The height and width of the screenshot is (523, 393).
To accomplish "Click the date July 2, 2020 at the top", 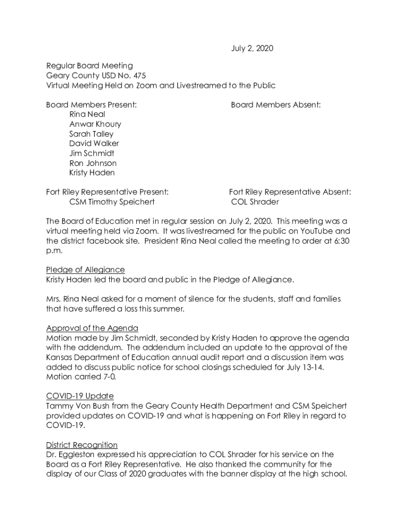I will [250, 49].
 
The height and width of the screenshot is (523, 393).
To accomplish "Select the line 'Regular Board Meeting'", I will [89, 66].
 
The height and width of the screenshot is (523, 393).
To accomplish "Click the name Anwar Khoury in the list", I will [95, 124].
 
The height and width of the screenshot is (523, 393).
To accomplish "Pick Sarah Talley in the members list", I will [91, 134].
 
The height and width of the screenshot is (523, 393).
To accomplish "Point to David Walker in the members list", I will [94, 144].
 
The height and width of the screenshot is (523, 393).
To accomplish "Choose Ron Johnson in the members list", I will [93, 163].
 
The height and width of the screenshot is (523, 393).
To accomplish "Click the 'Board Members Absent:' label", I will [276, 105].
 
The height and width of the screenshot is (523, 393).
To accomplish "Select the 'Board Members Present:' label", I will [91, 105].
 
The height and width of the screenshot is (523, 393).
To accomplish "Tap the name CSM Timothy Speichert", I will [112, 202].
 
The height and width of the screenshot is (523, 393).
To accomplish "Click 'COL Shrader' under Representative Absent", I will [255, 202].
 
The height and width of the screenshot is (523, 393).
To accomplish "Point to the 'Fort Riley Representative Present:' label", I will [107, 192].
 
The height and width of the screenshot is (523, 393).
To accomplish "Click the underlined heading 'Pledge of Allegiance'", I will [85, 270].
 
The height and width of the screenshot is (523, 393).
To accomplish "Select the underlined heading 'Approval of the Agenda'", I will [92, 328].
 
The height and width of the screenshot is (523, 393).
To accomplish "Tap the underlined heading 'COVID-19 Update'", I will [80, 396].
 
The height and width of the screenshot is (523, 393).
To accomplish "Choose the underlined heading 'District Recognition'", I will [82, 445].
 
